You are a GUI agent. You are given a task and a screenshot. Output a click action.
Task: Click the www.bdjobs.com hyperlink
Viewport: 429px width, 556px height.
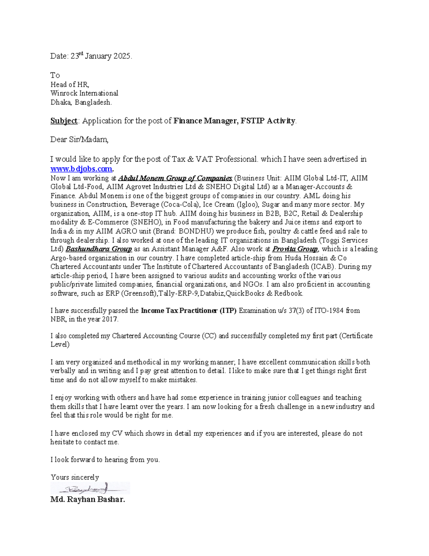[81, 169]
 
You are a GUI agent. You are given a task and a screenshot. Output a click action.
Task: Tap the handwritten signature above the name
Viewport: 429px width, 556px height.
[89, 488]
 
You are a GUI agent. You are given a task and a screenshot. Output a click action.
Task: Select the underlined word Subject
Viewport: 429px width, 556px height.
[64, 121]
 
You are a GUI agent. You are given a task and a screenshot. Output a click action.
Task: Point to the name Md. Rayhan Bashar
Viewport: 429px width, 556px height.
[88, 499]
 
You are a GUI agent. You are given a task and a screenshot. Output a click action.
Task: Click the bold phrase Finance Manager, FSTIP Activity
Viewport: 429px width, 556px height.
[235, 121]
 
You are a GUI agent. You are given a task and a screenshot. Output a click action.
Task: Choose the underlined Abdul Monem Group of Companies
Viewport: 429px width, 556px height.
[175, 178]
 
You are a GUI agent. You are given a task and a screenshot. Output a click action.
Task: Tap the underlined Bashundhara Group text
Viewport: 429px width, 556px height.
[99, 249]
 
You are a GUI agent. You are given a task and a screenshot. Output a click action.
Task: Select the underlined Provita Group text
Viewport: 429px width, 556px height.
[295, 249]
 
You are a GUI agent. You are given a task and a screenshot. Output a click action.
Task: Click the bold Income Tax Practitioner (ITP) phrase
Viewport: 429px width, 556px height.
[189, 310]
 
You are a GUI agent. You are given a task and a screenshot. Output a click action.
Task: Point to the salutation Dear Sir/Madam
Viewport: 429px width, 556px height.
[79, 140]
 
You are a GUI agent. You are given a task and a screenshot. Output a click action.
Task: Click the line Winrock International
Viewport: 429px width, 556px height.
[84, 93]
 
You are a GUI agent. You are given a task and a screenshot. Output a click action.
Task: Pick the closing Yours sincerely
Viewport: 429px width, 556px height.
[75, 477]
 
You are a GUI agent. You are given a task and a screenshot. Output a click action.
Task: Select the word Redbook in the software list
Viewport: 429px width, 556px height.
[288, 293]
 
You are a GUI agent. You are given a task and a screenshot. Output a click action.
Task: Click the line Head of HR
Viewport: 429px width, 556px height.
[69, 84]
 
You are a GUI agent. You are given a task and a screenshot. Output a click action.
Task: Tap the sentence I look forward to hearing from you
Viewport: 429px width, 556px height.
[105, 460]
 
